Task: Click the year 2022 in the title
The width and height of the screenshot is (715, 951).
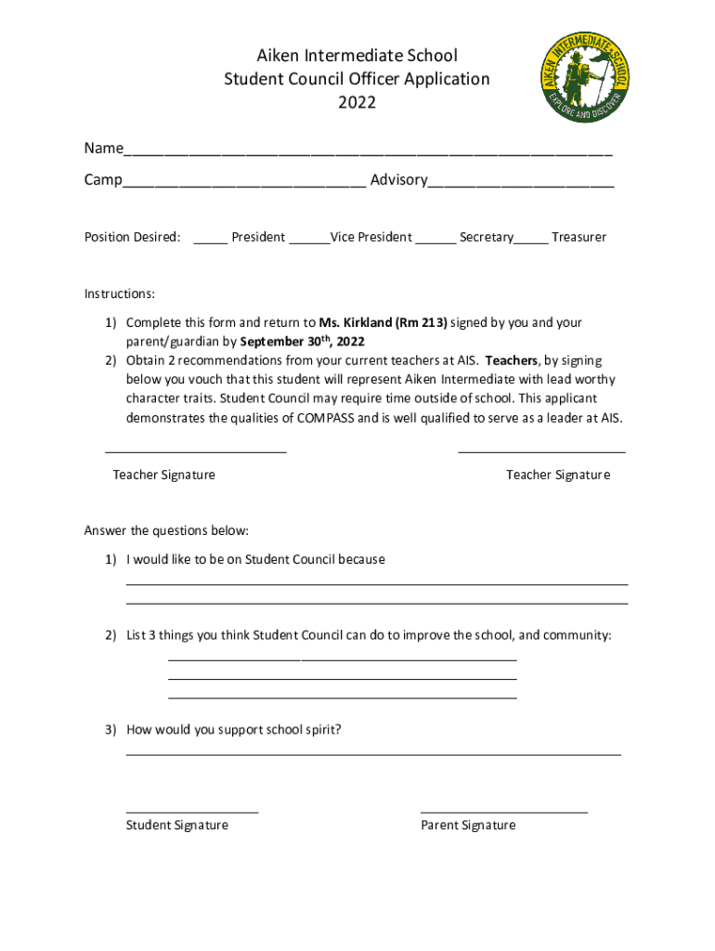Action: pyautogui.click(x=357, y=102)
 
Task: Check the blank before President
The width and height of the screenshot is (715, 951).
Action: pyautogui.click(x=211, y=241)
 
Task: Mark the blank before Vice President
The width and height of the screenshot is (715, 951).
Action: pyautogui.click(x=309, y=241)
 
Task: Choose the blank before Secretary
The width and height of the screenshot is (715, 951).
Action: pyautogui.click(x=435, y=241)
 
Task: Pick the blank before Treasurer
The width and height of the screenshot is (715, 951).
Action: pyautogui.click(x=531, y=241)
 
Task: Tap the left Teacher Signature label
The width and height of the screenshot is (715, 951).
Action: pyautogui.click(x=164, y=475)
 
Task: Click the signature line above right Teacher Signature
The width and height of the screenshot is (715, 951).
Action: pyautogui.click(x=541, y=452)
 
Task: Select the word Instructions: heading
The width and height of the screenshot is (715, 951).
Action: pyautogui.click(x=120, y=293)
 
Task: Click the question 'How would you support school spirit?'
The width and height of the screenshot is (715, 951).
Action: pyautogui.click(x=234, y=729)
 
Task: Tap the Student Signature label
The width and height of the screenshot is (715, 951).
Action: pyautogui.click(x=177, y=825)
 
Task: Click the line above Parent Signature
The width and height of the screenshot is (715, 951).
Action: pyautogui.click(x=504, y=813)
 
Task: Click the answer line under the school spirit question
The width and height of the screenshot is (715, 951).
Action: pyautogui.click(x=373, y=755)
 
